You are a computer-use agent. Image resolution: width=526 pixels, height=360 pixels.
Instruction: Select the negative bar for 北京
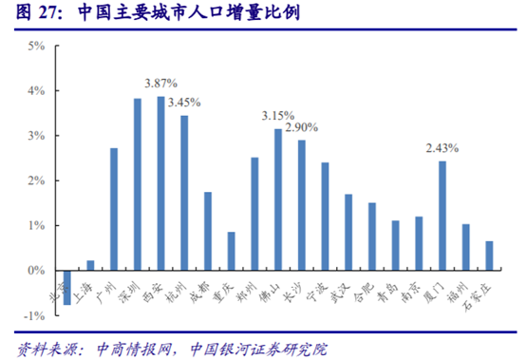(x=67, y=288)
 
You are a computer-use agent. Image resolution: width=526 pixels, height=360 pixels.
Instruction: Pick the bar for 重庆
(x=231, y=252)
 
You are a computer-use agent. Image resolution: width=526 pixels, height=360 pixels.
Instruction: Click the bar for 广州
(x=114, y=209)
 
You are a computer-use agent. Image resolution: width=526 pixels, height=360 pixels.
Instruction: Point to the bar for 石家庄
(x=489, y=256)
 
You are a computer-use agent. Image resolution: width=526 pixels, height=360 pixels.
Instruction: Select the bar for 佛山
(x=278, y=199)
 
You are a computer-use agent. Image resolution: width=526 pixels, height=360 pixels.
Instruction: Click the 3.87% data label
(x=160, y=84)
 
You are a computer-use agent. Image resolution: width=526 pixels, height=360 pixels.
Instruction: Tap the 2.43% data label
(x=441, y=148)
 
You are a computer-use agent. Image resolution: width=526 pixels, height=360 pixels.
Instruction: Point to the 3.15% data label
(x=278, y=116)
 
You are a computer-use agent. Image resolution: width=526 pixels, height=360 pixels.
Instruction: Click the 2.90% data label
(x=301, y=127)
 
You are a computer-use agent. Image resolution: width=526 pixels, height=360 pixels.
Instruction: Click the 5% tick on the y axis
(x=36, y=47)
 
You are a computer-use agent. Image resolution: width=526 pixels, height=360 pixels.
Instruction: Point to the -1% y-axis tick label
(x=34, y=316)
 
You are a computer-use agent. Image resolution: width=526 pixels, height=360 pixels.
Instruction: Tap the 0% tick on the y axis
(x=36, y=272)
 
